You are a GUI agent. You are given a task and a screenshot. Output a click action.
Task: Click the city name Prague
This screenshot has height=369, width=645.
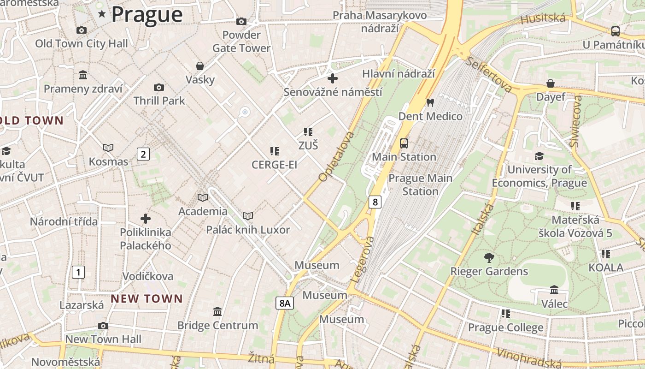click(147, 14)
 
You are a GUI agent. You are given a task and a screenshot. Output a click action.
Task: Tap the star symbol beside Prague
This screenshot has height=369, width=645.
click(102, 14)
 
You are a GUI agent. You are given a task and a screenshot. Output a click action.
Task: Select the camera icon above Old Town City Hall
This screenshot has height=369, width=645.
click(82, 30)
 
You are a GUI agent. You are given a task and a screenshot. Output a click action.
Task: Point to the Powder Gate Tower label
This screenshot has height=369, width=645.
click(241, 42)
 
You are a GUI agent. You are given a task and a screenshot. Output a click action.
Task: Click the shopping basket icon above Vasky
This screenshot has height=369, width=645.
click(200, 66)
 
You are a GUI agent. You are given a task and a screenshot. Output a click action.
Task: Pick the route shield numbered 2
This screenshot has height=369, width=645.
click(143, 154)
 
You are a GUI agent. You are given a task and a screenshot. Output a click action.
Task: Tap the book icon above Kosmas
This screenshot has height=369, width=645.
click(108, 148)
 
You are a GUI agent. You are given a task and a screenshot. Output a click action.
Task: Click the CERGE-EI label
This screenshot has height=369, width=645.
click(274, 165)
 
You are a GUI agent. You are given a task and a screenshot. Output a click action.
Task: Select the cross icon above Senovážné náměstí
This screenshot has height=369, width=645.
click(332, 78)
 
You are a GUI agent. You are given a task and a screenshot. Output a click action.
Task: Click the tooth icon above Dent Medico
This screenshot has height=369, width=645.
click(430, 102)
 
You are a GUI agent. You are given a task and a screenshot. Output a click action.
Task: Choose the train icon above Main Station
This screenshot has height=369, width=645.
click(404, 143)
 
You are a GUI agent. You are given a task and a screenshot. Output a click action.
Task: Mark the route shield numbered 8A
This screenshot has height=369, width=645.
click(285, 303)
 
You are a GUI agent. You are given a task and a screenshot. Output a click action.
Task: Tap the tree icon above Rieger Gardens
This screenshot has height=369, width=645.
click(489, 257)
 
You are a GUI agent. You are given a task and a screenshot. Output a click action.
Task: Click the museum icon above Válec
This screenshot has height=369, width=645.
click(554, 290)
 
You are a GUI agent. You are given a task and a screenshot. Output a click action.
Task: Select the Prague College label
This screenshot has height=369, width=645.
click(505, 327)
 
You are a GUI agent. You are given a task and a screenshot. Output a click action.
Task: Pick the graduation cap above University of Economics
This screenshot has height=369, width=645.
click(539, 156)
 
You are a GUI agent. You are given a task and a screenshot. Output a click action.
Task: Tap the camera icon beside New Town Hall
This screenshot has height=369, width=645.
click(103, 326)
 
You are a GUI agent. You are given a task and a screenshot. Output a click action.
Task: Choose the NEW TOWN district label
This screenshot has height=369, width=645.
click(147, 298)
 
